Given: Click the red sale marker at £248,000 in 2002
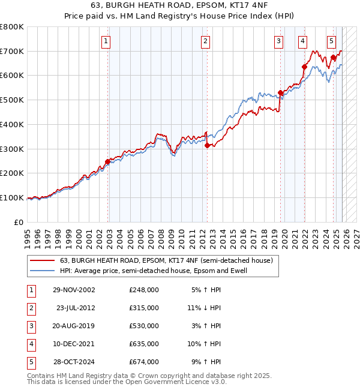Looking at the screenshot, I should coord(108,161).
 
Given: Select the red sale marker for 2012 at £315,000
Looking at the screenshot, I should coord(206,145).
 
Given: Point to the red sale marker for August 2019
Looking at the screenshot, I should coord(280,93).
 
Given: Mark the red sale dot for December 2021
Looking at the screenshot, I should coord(304,67).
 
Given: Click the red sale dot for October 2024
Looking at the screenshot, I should coord(333,58).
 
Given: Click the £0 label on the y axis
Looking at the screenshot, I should coord(19,222).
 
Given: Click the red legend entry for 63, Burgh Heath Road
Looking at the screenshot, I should coord(166,260).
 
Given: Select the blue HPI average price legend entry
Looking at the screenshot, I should coord(153,271).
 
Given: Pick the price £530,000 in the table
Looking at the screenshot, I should coord(144,326).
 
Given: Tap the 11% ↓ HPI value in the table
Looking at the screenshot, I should coord(204,308).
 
